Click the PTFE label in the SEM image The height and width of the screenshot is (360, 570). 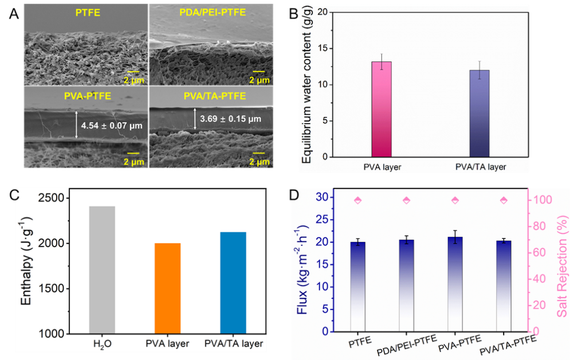86,13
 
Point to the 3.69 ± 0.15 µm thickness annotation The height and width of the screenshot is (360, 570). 230,120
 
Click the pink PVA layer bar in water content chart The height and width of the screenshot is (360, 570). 382,109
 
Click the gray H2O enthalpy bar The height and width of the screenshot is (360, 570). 103,269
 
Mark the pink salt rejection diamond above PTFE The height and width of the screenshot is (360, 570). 358,200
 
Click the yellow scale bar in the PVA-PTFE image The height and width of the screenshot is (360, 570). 133,154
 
